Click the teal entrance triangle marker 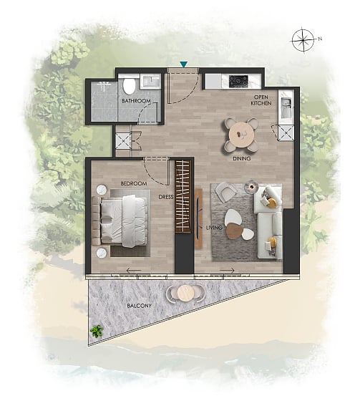(x=184, y=64)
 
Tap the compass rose (x=303, y=40)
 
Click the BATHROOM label (x=137, y=101)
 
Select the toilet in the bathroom (x=130, y=85)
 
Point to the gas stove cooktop (x=239, y=81)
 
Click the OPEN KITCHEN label (x=261, y=100)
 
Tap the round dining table (x=241, y=135)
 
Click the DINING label (x=242, y=158)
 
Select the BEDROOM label (x=134, y=183)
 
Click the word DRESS (x=166, y=197)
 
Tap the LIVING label (x=215, y=228)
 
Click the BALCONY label (x=140, y=306)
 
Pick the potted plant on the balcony (x=97, y=331)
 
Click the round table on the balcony (x=185, y=293)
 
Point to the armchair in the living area (x=225, y=191)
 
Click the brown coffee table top (x=235, y=231)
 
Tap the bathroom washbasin (x=150, y=81)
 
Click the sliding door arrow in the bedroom (x=134, y=271)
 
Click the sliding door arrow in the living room (x=228, y=271)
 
